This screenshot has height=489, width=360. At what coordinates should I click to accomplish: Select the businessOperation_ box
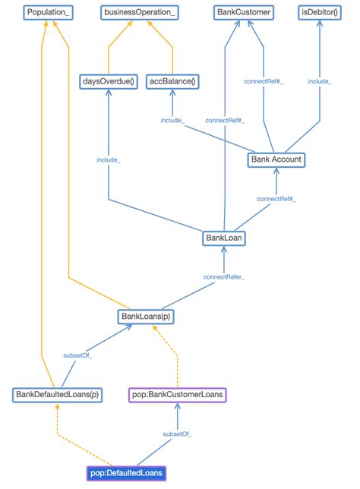(140, 12)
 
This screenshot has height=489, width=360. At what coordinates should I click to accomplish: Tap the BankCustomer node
(242, 12)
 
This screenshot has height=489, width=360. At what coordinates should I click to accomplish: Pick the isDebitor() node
(319, 12)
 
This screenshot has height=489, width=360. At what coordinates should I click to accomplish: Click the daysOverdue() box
(107, 81)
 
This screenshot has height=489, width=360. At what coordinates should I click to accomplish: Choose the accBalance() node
(172, 81)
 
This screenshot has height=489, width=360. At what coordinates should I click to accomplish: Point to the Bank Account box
(276, 159)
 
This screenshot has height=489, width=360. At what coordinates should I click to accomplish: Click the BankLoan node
(223, 238)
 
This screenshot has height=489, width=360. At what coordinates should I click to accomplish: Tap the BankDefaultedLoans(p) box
(58, 395)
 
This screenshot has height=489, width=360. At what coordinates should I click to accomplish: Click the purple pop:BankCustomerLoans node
(177, 395)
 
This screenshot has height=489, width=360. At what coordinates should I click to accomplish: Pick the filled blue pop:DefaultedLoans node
(126, 473)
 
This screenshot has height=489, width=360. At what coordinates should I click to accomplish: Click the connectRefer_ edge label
(223, 277)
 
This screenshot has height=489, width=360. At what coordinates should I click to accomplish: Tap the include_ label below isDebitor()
(320, 81)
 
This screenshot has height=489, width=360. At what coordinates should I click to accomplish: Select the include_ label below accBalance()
(172, 120)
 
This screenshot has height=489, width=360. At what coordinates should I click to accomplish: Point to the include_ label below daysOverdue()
(108, 159)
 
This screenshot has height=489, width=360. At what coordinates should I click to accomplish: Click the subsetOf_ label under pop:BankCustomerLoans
(177, 434)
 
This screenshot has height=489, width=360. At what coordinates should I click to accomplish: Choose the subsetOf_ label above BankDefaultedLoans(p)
(77, 355)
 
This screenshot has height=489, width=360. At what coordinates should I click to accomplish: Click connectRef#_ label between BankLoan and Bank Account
(276, 199)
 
